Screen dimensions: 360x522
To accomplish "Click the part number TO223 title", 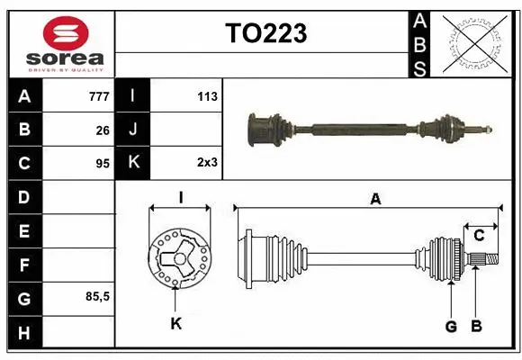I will tap(265, 33).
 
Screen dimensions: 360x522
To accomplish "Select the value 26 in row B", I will tap(103, 130).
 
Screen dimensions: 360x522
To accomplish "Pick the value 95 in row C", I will tap(103, 164).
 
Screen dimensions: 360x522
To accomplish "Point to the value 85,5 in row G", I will tap(97, 296).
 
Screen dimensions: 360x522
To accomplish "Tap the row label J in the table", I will tap(133, 130).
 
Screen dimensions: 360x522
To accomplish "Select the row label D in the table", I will tap(24, 197).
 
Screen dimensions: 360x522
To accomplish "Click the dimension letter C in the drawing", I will tap(480, 236).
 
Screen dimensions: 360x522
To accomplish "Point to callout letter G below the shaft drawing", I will tap(451, 326).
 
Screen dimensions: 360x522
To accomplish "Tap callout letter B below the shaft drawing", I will tap(477, 326).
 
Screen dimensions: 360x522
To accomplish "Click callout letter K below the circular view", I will tap(176, 323).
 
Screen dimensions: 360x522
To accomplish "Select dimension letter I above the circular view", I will tap(181, 197).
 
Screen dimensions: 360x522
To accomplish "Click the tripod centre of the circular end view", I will tap(179, 259).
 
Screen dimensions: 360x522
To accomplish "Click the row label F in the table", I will tap(24, 265).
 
